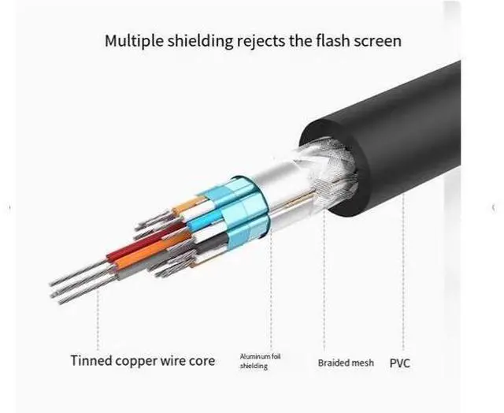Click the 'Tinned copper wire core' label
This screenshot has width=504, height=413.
pyautogui.click(x=142, y=362)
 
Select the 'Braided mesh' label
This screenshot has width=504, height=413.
pyautogui.click(x=346, y=363)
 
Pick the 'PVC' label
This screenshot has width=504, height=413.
pyautogui.click(x=399, y=363)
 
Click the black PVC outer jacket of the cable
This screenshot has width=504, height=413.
pyautogui.click(x=409, y=142)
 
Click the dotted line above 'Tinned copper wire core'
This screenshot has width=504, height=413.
pyautogui.click(x=98, y=323)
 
